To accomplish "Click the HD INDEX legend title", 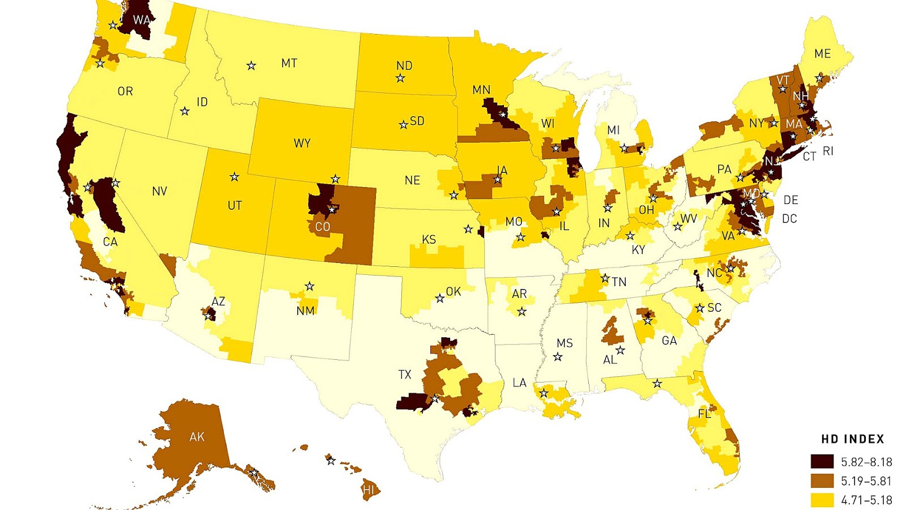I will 852,439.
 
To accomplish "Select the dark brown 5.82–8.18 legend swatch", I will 822,462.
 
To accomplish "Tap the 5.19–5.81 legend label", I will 866,481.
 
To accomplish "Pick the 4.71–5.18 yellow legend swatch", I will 822,500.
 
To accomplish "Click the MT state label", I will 289,63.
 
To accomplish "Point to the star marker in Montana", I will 251,66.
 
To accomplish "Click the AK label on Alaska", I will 197,437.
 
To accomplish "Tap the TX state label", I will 404,375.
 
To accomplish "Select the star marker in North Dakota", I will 400,78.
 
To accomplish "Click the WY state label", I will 302,143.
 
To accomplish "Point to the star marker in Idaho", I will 185,111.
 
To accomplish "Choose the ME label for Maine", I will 822,54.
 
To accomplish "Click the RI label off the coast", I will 828,151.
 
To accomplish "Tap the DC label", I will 789,219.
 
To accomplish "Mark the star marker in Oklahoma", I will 439,298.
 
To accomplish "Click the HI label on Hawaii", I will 369,490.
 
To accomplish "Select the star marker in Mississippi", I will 558,357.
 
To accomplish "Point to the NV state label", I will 160,192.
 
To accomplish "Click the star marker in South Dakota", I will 403,124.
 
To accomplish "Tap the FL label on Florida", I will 704,414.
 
